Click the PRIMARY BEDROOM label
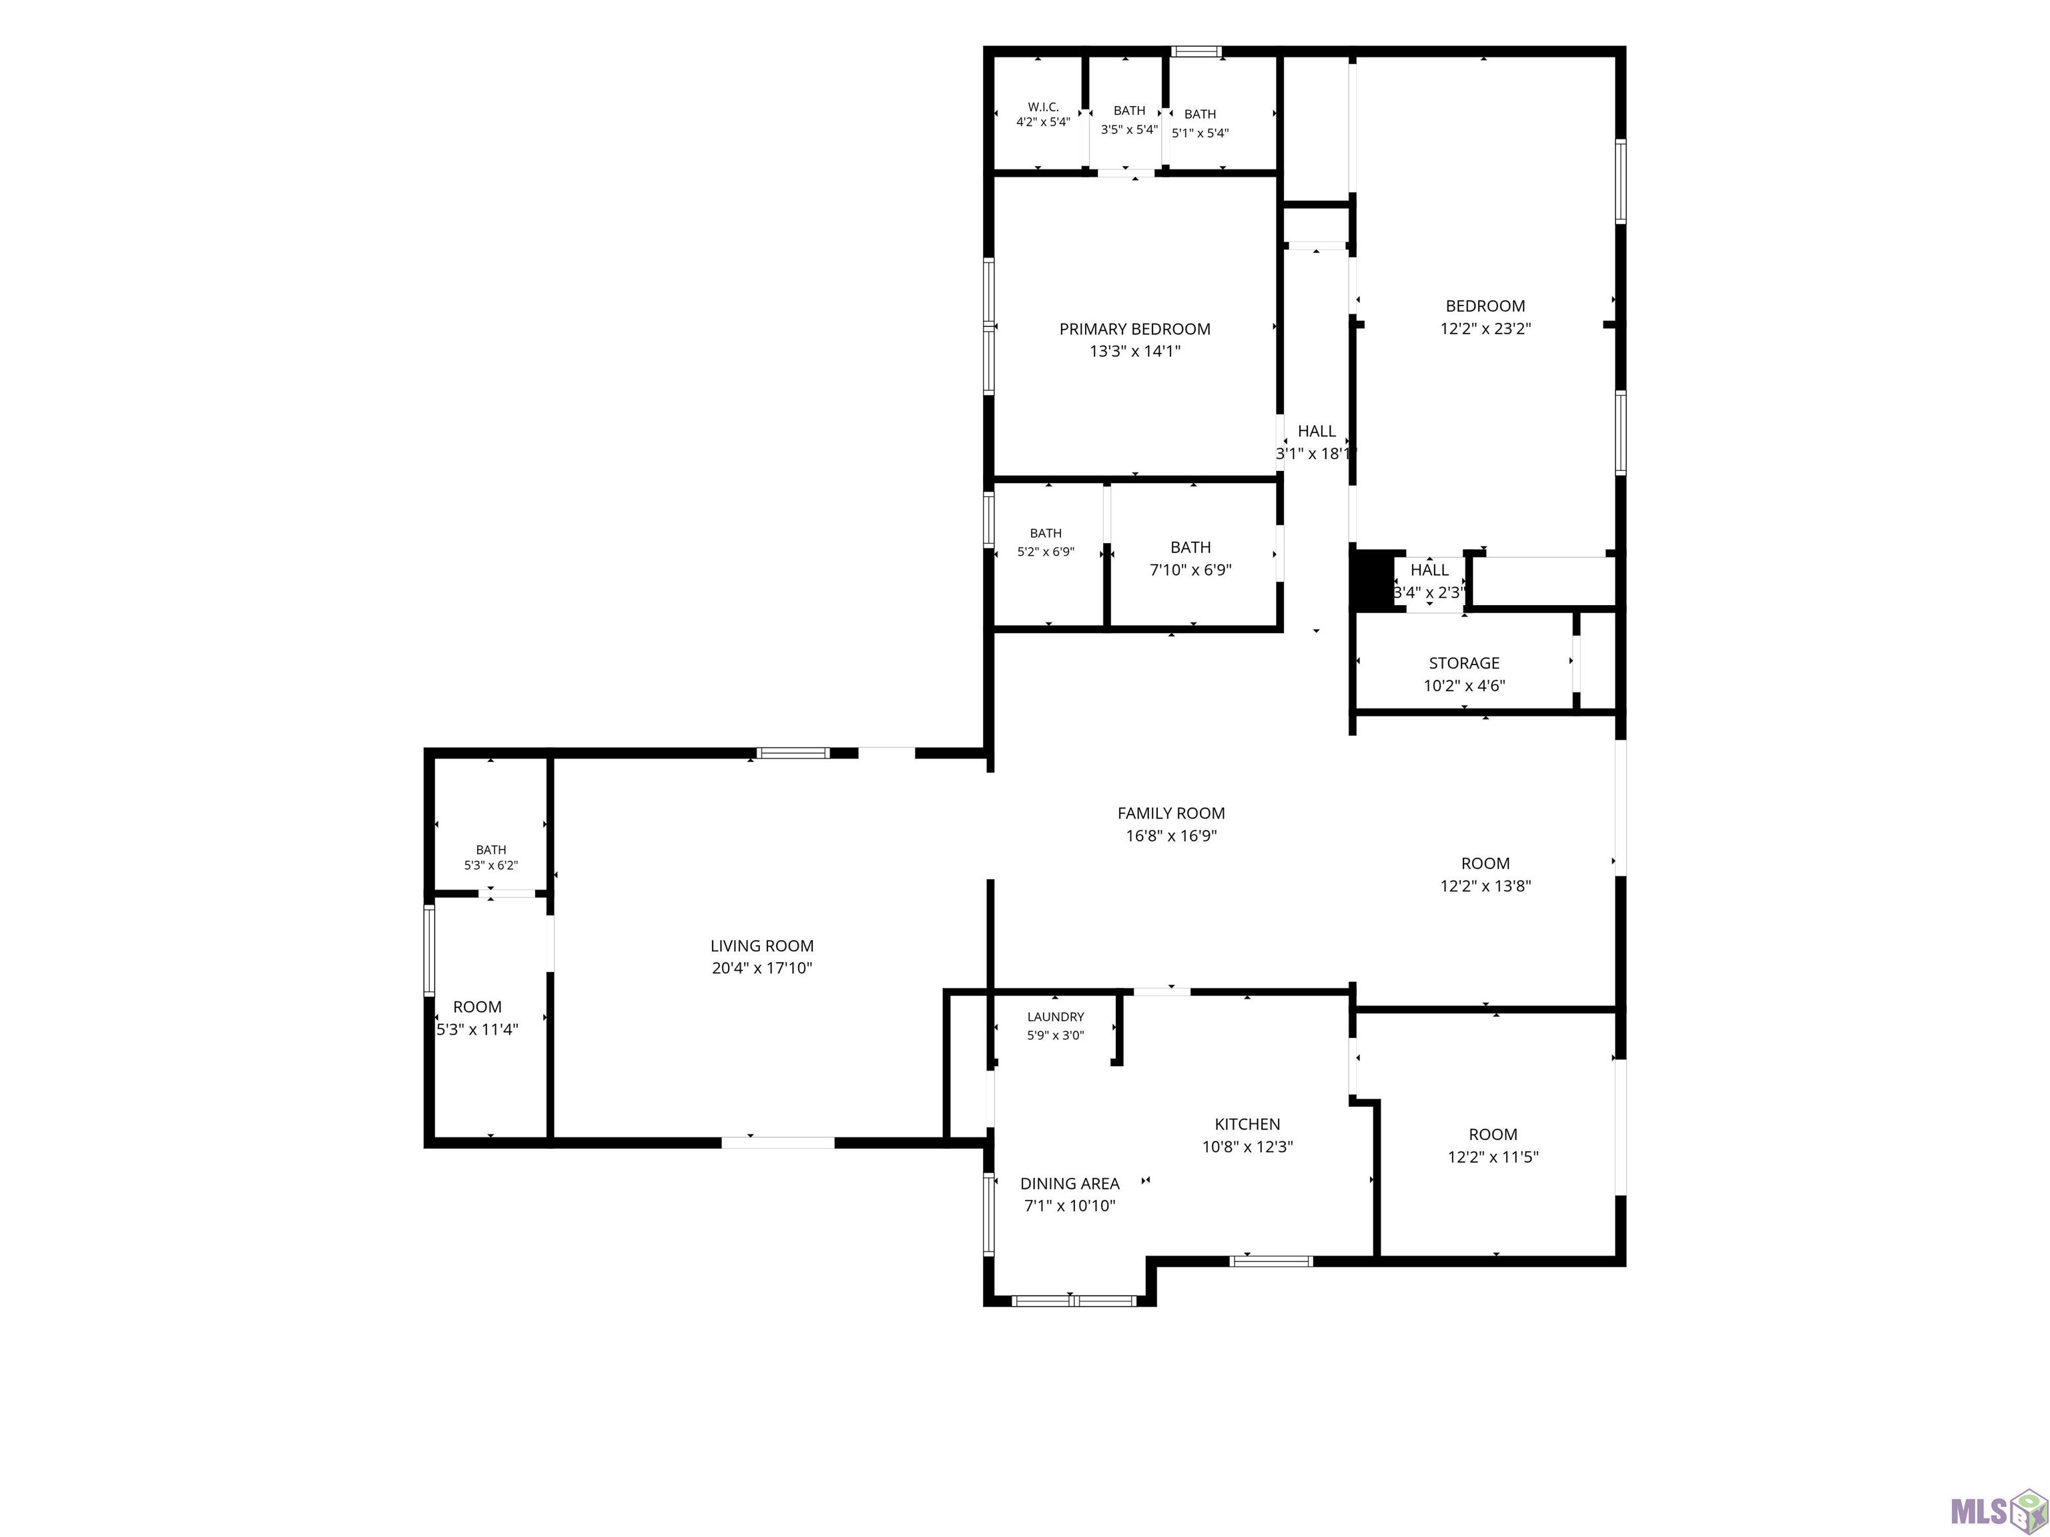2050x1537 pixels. pyautogui.click(x=1134, y=329)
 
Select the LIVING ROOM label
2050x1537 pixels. pyautogui.click(x=762, y=946)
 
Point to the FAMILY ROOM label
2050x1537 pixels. pyautogui.click(x=1170, y=813)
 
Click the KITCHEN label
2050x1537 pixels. pyautogui.click(x=1247, y=1125)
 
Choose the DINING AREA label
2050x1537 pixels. pyautogui.click(x=1070, y=1184)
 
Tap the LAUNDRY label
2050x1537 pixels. pyautogui.click(x=1056, y=1017)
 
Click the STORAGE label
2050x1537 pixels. pyautogui.click(x=1464, y=663)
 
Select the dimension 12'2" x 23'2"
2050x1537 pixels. pyautogui.click(x=1485, y=328)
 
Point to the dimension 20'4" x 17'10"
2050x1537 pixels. pyautogui.click(x=762, y=968)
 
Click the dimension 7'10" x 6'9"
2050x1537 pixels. pyautogui.click(x=1191, y=570)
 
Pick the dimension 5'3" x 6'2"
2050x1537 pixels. pyautogui.click(x=491, y=865)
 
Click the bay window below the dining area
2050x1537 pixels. pyautogui.click(x=1074, y=1301)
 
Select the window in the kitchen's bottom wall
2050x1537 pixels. pyautogui.click(x=1271, y=1261)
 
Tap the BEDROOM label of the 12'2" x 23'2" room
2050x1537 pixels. pyautogui.click(x=1485, y=306)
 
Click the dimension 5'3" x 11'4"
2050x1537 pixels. pyautogui.click(x=477, y=1029)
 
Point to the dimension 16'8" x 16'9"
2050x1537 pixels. pyautogui.click(x=1170, y=836)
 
